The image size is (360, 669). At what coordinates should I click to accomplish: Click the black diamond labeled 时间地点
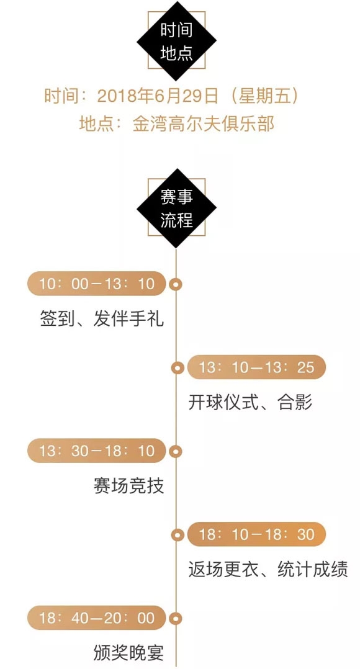(x=176, y=41)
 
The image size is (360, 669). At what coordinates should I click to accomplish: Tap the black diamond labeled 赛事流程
(x=176, y=209)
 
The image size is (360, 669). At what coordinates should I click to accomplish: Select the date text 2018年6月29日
(x=158, y=96)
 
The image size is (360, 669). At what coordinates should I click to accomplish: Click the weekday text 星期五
(x=262, y=96)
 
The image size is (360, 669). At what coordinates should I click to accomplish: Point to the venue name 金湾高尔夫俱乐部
(x=203, y=123)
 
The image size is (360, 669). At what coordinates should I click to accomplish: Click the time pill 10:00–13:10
(x=96, y=284)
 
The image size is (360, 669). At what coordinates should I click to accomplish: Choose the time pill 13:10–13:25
(x=256, y=367)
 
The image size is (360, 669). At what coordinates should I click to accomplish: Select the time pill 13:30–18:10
(x=96, y=451)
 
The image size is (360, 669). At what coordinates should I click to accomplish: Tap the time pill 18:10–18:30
(x=256, y=534)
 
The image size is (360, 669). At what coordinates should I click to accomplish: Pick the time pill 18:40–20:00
(x=96, y=618)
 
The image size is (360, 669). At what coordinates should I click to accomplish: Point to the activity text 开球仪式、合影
(x=250, y=402)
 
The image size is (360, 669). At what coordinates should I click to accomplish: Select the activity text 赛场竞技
(x=129, y=486)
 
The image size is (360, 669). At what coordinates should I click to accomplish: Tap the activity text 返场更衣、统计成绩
(x=268, y=570)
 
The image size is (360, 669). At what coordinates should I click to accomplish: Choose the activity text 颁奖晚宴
(x=129, y=653)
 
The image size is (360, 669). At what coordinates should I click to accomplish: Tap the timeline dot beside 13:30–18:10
(x=176, y=451)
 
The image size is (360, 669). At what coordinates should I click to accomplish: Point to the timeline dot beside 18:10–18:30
(x=177, y=534)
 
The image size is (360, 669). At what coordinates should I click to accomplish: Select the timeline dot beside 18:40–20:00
(x=176, y=618)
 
